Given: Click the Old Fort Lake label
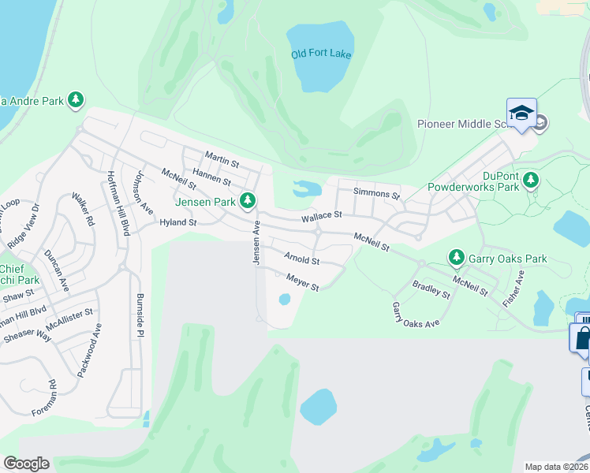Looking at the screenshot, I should (321, 54).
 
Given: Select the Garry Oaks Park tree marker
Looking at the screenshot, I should (456, 258).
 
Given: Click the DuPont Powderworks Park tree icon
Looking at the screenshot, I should (531, 181).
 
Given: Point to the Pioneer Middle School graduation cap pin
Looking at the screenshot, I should (521, 113).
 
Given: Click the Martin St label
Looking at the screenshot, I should (222, 159).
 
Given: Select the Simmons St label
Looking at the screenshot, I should (377, 193).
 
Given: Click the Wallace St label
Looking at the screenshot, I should (321, 215).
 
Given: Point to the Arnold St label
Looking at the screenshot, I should (302, 259).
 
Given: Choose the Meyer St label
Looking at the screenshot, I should (302, 282).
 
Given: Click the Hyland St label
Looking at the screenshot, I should (177, 223).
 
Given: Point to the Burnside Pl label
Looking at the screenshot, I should (139, 317).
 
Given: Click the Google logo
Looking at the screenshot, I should (26, 464).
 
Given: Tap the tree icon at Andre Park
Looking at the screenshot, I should (76, 100).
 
